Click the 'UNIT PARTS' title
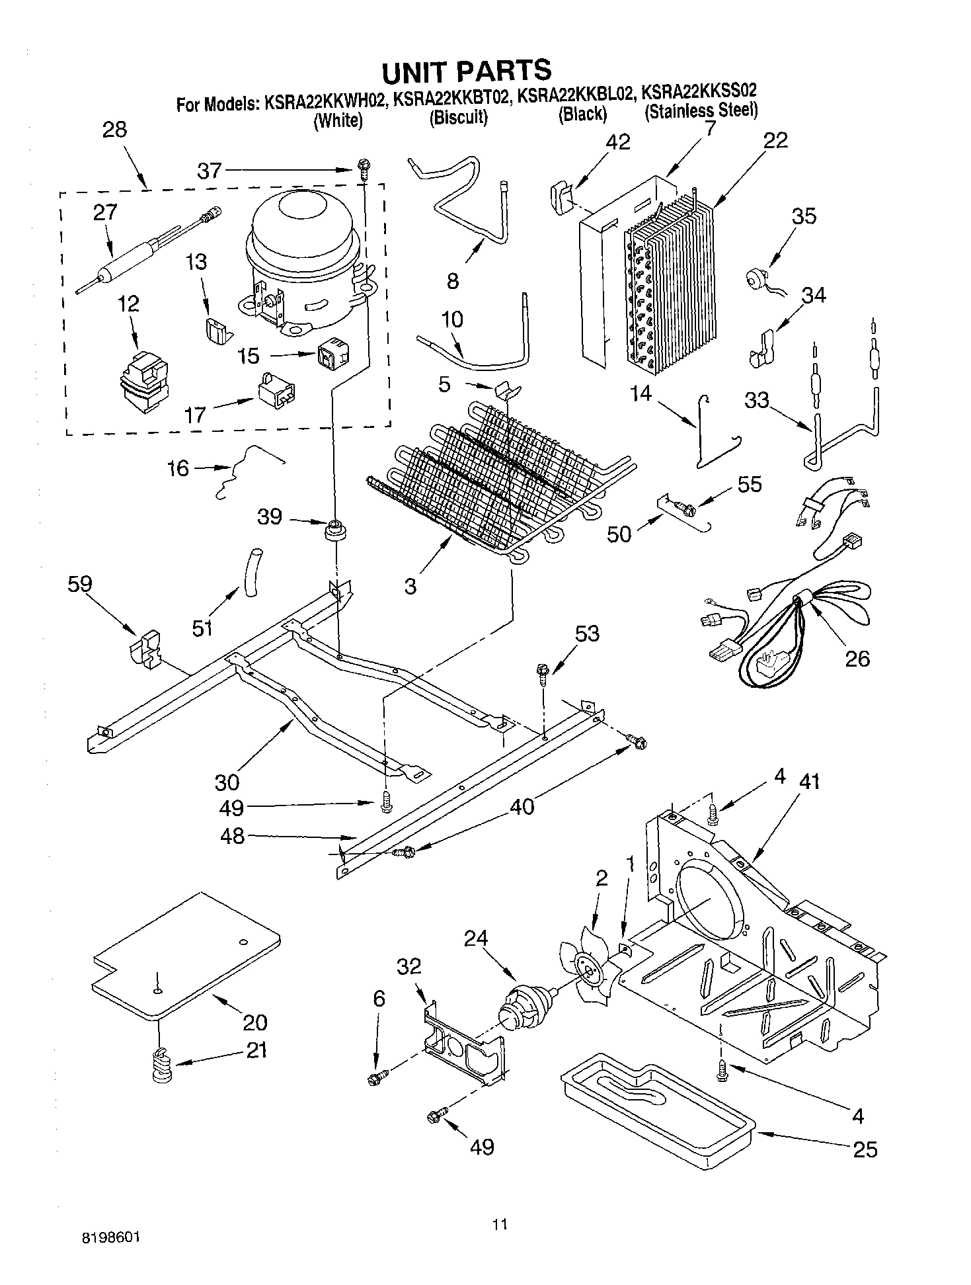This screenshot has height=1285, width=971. click(x=466, y=70)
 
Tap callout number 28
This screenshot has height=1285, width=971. click(x=114, y=129)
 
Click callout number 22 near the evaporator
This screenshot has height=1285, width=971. click(x=775, y=141)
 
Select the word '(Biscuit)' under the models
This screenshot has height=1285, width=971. click(x=458, y=118)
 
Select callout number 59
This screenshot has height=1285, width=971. click(x=79, y=584)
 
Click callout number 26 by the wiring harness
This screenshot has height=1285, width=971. click(x=857, y=658)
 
